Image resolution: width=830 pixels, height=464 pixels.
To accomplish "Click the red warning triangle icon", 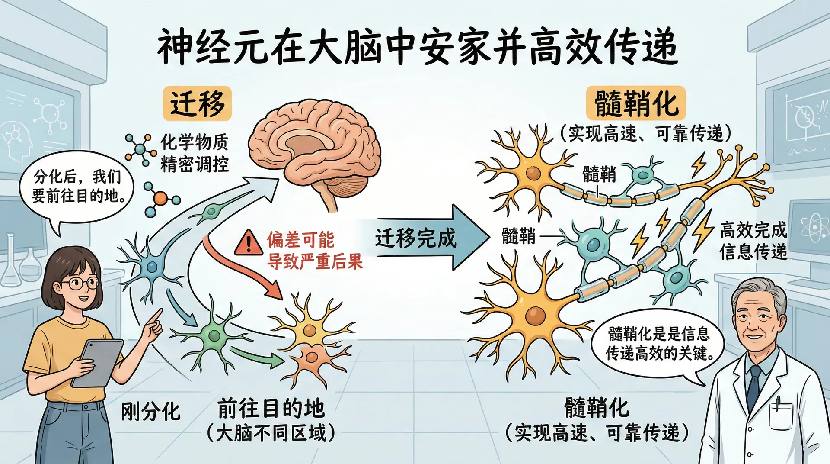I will pyautogui.click(x=248, y=243).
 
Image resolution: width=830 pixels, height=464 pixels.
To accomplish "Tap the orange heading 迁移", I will pyautogui.click(x=197, y=103).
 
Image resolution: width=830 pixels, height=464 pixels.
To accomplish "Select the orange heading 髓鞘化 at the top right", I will pyautogui.click(x=636, y=104).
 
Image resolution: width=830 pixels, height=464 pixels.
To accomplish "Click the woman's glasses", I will pyautogui.click(x=80, y=284).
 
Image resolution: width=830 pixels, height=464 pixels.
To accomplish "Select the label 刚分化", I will pyautogui.click(x=150, y=411).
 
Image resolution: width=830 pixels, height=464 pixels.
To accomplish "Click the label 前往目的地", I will pyautogui.click(x=271, y=408).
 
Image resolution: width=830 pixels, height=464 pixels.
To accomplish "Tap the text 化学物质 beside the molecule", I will pyautogui.click(x=194, y=141).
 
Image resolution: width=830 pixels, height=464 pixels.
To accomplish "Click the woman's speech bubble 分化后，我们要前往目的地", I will pyautogui.click(x=78, y=186).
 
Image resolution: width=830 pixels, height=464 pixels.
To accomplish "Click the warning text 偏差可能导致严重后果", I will pyautogui.click(x=315, y=250).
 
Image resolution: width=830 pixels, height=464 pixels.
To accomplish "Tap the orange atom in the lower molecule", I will pyautogui.click(x=160, y=199).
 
